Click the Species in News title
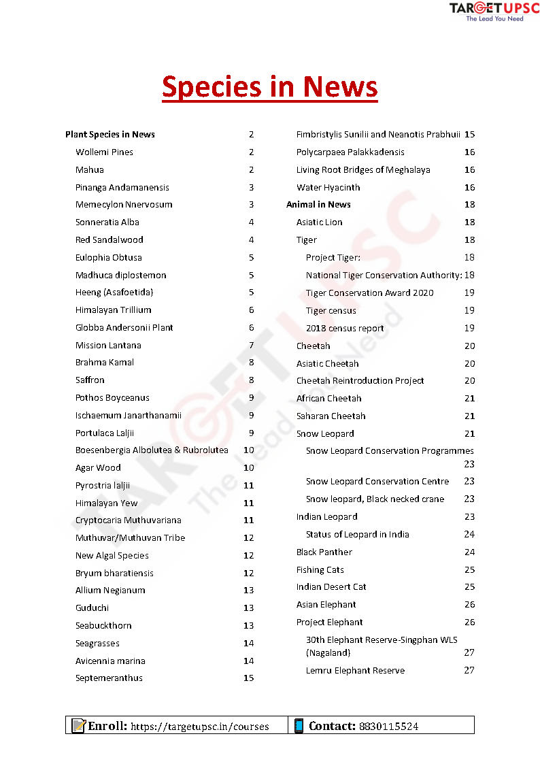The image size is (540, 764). (x=269, y=87)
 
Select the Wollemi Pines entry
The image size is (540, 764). (x=104, y=152)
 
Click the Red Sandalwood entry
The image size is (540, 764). (x=109, y=239)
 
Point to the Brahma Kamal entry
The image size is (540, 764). (x=105, y=363)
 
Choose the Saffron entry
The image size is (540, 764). (x=90, y=380)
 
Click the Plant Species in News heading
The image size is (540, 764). (x=110, y=134)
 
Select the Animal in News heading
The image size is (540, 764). (x=318, y=204)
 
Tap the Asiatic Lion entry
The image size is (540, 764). (x=319, y=222)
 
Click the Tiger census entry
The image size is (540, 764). (x=331, y=310)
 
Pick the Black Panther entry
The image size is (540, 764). (x=324, y=552)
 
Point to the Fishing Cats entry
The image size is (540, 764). (x=320, y=569)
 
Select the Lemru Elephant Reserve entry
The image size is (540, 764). (x=355, y=670)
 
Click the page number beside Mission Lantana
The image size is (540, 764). (x=251, y=345)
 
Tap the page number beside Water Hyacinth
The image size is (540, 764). (x=469, y=187)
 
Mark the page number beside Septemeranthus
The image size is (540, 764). (x=248, y=678)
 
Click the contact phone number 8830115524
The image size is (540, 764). (x=387, y=726)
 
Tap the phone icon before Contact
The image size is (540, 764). (x=299, y=725)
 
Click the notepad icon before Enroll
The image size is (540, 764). (x=78, y=725)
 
